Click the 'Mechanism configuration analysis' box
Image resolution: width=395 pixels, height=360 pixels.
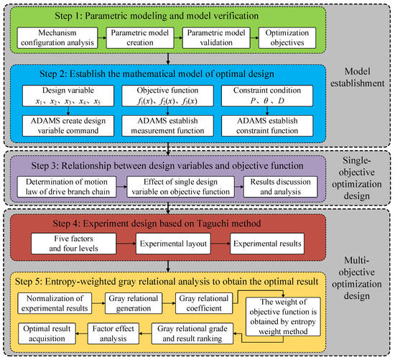click(56, 38)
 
